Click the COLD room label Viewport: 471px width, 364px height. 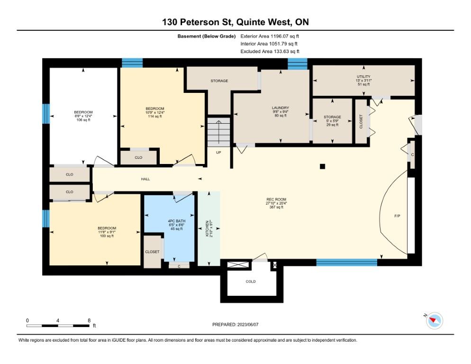251,282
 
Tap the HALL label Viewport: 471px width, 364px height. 145,179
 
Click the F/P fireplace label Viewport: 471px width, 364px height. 397,216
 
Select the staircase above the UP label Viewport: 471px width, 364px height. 219,132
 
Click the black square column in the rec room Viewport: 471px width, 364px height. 322,166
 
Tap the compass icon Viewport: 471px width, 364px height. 435,320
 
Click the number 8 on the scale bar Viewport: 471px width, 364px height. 89,320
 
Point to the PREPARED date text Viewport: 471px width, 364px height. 235,325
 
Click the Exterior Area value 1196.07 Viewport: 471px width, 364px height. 280,36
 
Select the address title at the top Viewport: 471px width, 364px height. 235,22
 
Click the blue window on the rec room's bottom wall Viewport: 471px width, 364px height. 347,263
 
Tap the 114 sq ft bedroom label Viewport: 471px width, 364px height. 155,112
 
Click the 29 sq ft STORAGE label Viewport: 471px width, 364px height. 332,120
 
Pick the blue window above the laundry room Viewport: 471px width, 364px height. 298,64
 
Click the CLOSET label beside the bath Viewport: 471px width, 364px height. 152,252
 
